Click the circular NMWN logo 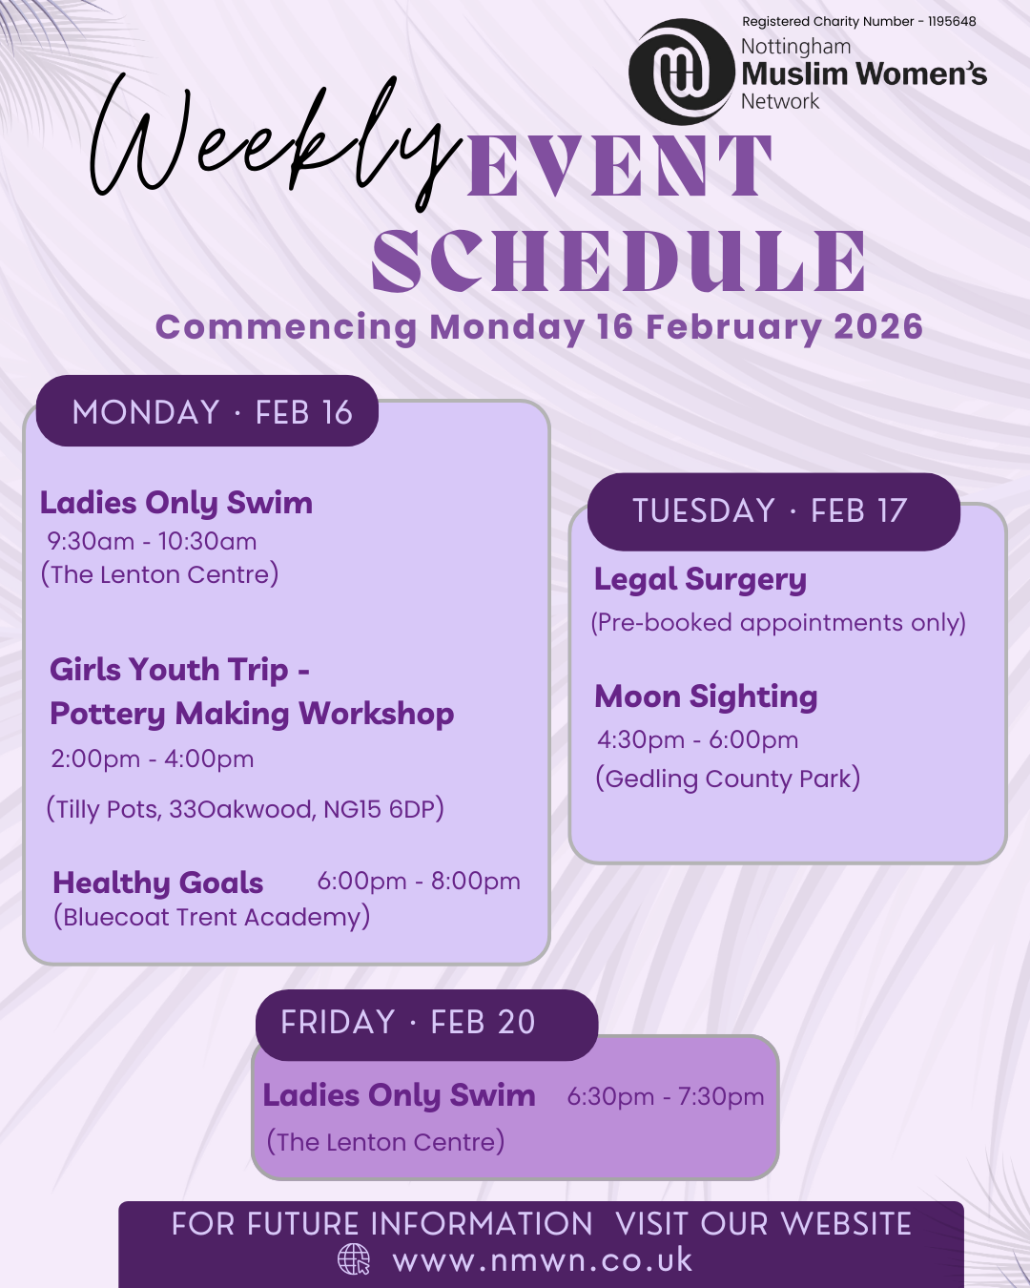click(681, 72)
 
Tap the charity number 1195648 click(952, 22)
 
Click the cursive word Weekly click(273, 140)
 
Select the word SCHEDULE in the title click(619, 261)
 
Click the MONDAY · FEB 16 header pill click(207, 411)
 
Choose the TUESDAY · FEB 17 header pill click(773, 511)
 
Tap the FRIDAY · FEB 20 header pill click(426, 1025)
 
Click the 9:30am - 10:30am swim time click(152, 542)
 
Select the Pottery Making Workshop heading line click(252, 714)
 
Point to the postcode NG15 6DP click(379, 809)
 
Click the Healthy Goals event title click(158, 883)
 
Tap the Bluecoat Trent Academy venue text click(212, 918)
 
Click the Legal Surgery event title click(700, 581)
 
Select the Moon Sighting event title click(706, 697)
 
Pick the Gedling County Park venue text click(728, 779)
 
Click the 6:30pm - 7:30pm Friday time click(666, 1097)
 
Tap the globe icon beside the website click(354, 1259)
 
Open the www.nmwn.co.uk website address click(543, 1260)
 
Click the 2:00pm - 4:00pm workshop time click(153, 758)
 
